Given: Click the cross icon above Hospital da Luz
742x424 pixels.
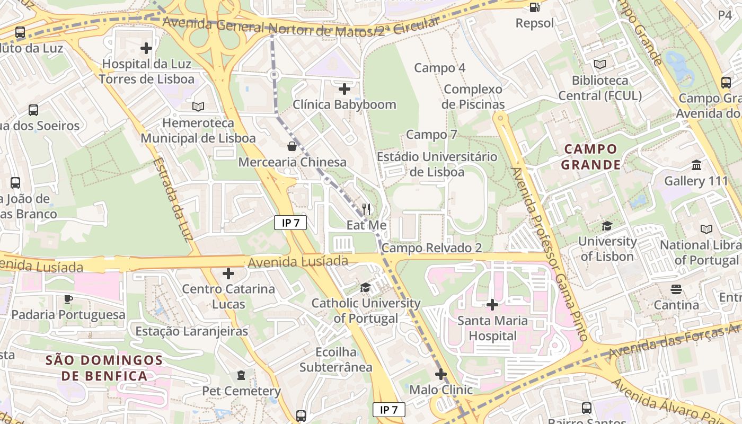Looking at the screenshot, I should coord(146,48).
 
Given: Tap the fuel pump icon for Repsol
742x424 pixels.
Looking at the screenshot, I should coord(535,7).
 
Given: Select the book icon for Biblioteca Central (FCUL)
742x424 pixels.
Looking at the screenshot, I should coord(599,64).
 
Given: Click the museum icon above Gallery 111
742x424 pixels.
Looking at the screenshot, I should coord(696,165).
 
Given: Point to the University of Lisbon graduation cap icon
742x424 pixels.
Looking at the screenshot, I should coord(606,226).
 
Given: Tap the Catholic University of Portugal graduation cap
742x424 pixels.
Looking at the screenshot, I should coord(365,288).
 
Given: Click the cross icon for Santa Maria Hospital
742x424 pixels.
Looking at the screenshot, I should coord(492,305).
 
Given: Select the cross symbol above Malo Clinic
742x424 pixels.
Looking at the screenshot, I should coord(441,374).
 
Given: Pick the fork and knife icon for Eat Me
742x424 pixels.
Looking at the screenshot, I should coord(366,209).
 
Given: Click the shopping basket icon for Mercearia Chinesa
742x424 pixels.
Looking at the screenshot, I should coord(292,146).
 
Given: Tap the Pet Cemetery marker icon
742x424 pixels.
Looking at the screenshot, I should coord(241,375).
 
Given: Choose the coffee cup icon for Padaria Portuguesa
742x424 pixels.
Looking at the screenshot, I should coord(68,299).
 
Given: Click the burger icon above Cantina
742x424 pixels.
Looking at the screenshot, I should coord(676,289).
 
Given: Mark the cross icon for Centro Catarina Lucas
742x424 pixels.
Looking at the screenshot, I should coord(228,273).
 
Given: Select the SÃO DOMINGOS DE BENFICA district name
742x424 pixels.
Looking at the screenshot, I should coord(104,368).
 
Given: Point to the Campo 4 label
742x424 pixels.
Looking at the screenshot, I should coord(439,68).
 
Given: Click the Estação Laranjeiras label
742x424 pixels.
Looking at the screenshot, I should coord(192,331).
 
